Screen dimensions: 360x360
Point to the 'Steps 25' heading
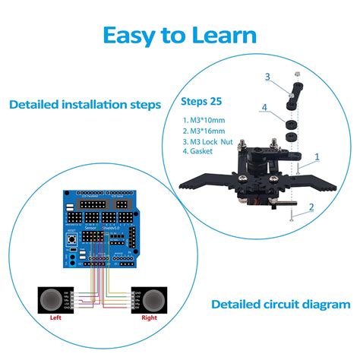pos(202,100)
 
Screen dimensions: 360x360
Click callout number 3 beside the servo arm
pos(267,77)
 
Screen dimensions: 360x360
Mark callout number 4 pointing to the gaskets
pos(264,108)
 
